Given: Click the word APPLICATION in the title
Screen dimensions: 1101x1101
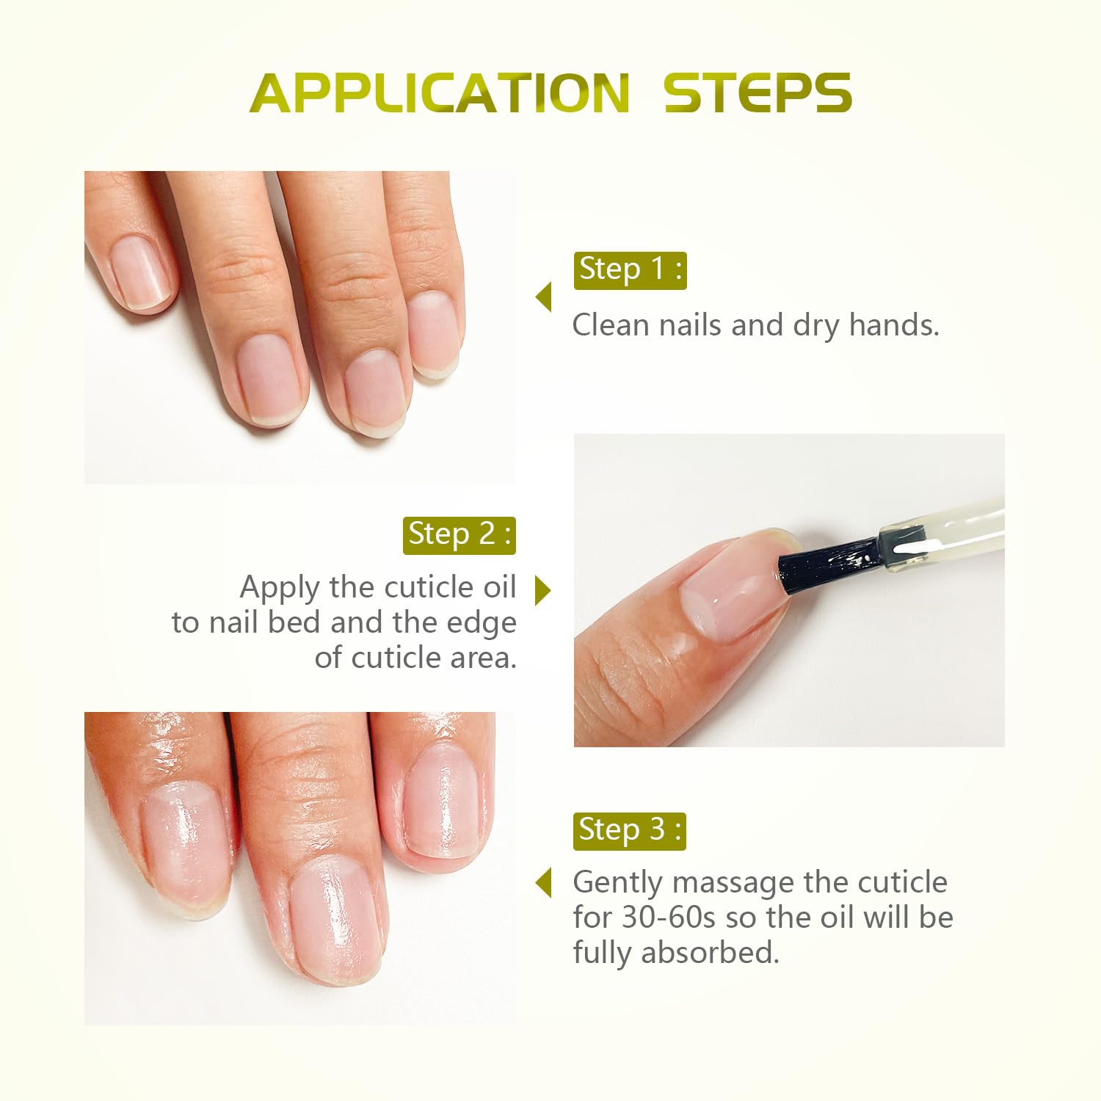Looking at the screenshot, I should coord(439,93).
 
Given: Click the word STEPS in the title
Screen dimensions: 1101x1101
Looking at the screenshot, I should coord(757,93).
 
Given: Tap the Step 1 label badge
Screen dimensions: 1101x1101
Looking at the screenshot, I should coord(630,269).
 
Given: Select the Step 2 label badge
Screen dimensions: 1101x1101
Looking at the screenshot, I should coord(459,535).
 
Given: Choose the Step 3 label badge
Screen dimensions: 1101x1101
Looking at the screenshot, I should coord(629,830).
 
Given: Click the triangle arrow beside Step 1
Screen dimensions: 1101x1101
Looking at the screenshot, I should coord(544,297).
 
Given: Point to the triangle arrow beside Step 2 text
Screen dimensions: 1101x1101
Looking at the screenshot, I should coord(543,590).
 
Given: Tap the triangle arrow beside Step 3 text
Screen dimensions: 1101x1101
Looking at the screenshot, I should coord(544,882).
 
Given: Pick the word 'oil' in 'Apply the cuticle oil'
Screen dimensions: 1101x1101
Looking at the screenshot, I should coord(499,587).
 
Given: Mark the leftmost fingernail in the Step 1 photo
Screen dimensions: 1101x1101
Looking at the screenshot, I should coord(139,270).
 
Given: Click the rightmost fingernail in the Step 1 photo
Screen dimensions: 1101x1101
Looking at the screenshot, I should coord(433,334).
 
